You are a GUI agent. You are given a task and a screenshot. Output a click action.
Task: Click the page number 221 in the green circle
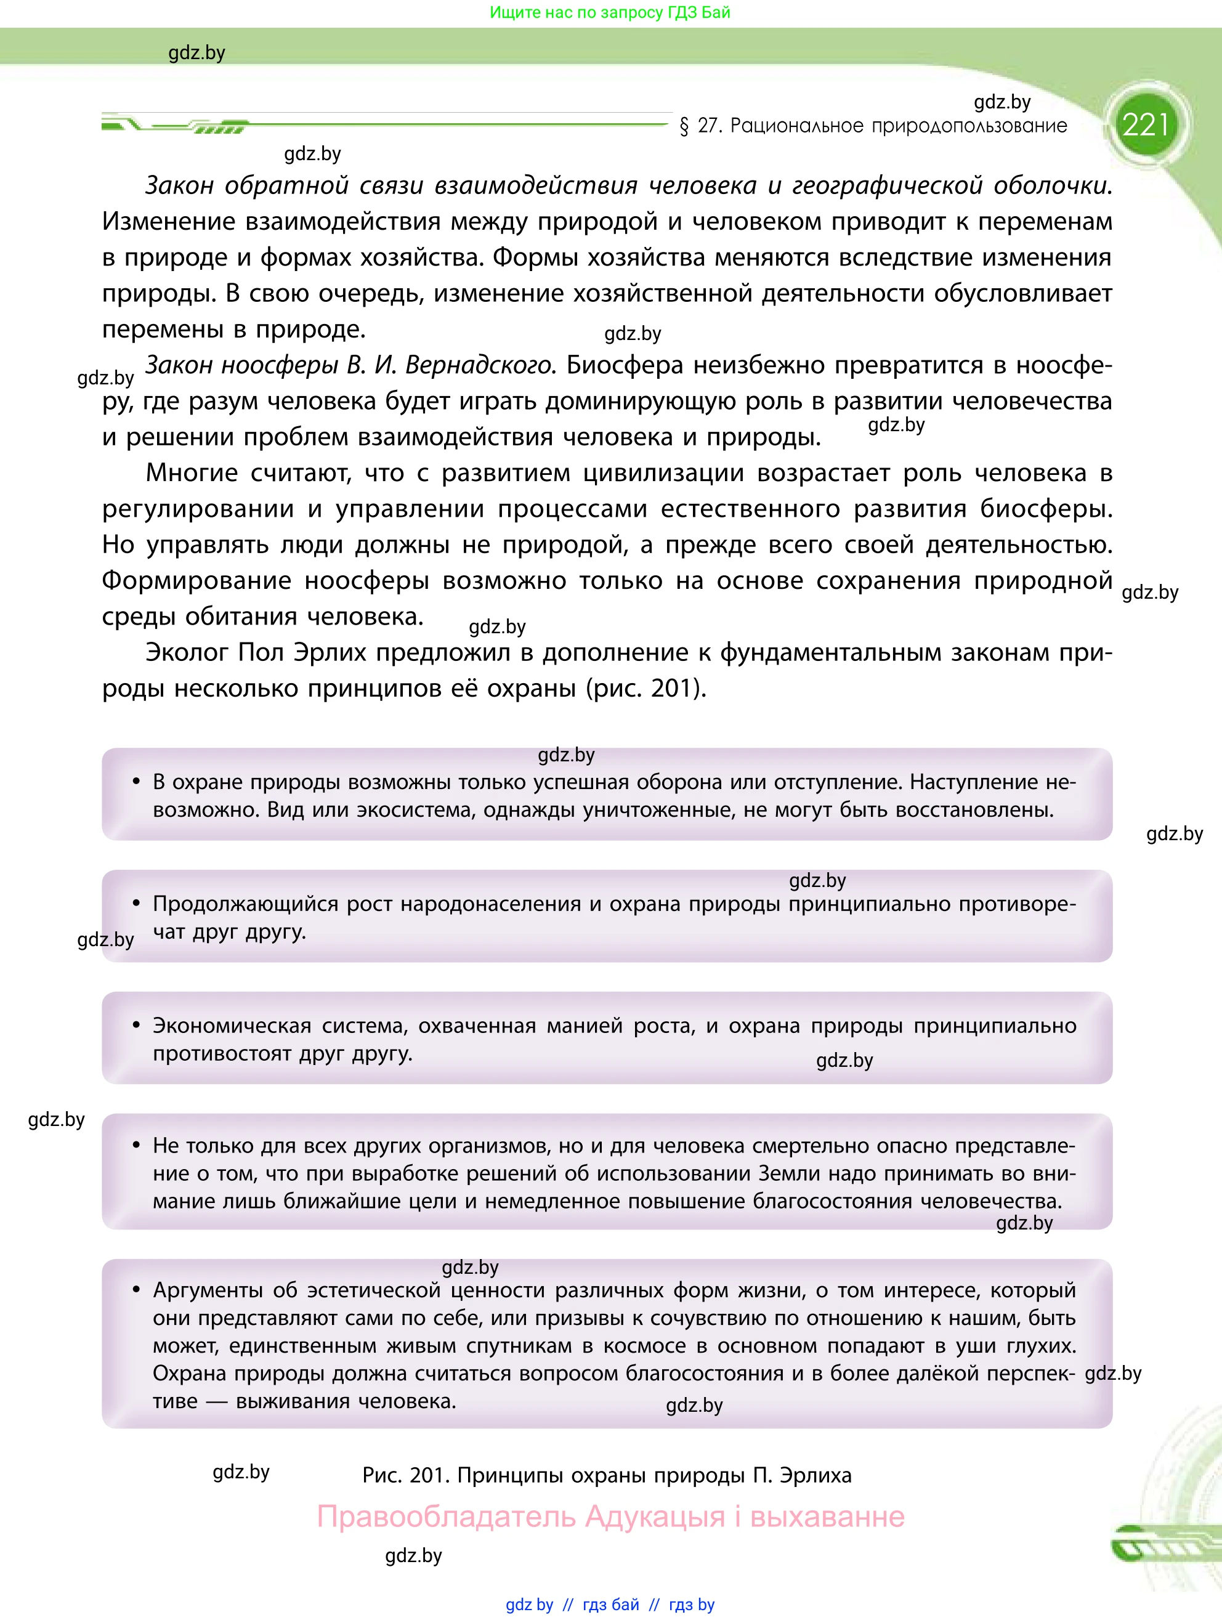1145,125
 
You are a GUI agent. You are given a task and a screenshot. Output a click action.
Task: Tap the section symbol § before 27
684,127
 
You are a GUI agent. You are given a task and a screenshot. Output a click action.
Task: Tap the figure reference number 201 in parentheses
671,689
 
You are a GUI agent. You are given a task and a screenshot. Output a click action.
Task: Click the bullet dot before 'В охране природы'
136,782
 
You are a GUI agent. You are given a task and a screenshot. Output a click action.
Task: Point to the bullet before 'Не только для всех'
136,1146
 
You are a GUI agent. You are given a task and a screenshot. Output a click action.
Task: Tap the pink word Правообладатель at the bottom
446,1516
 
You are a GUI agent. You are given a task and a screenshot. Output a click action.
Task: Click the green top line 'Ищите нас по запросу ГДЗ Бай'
610,12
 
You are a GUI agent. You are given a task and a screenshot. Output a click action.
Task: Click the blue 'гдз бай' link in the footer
610,1605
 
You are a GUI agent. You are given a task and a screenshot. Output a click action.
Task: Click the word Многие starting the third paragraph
191,473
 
